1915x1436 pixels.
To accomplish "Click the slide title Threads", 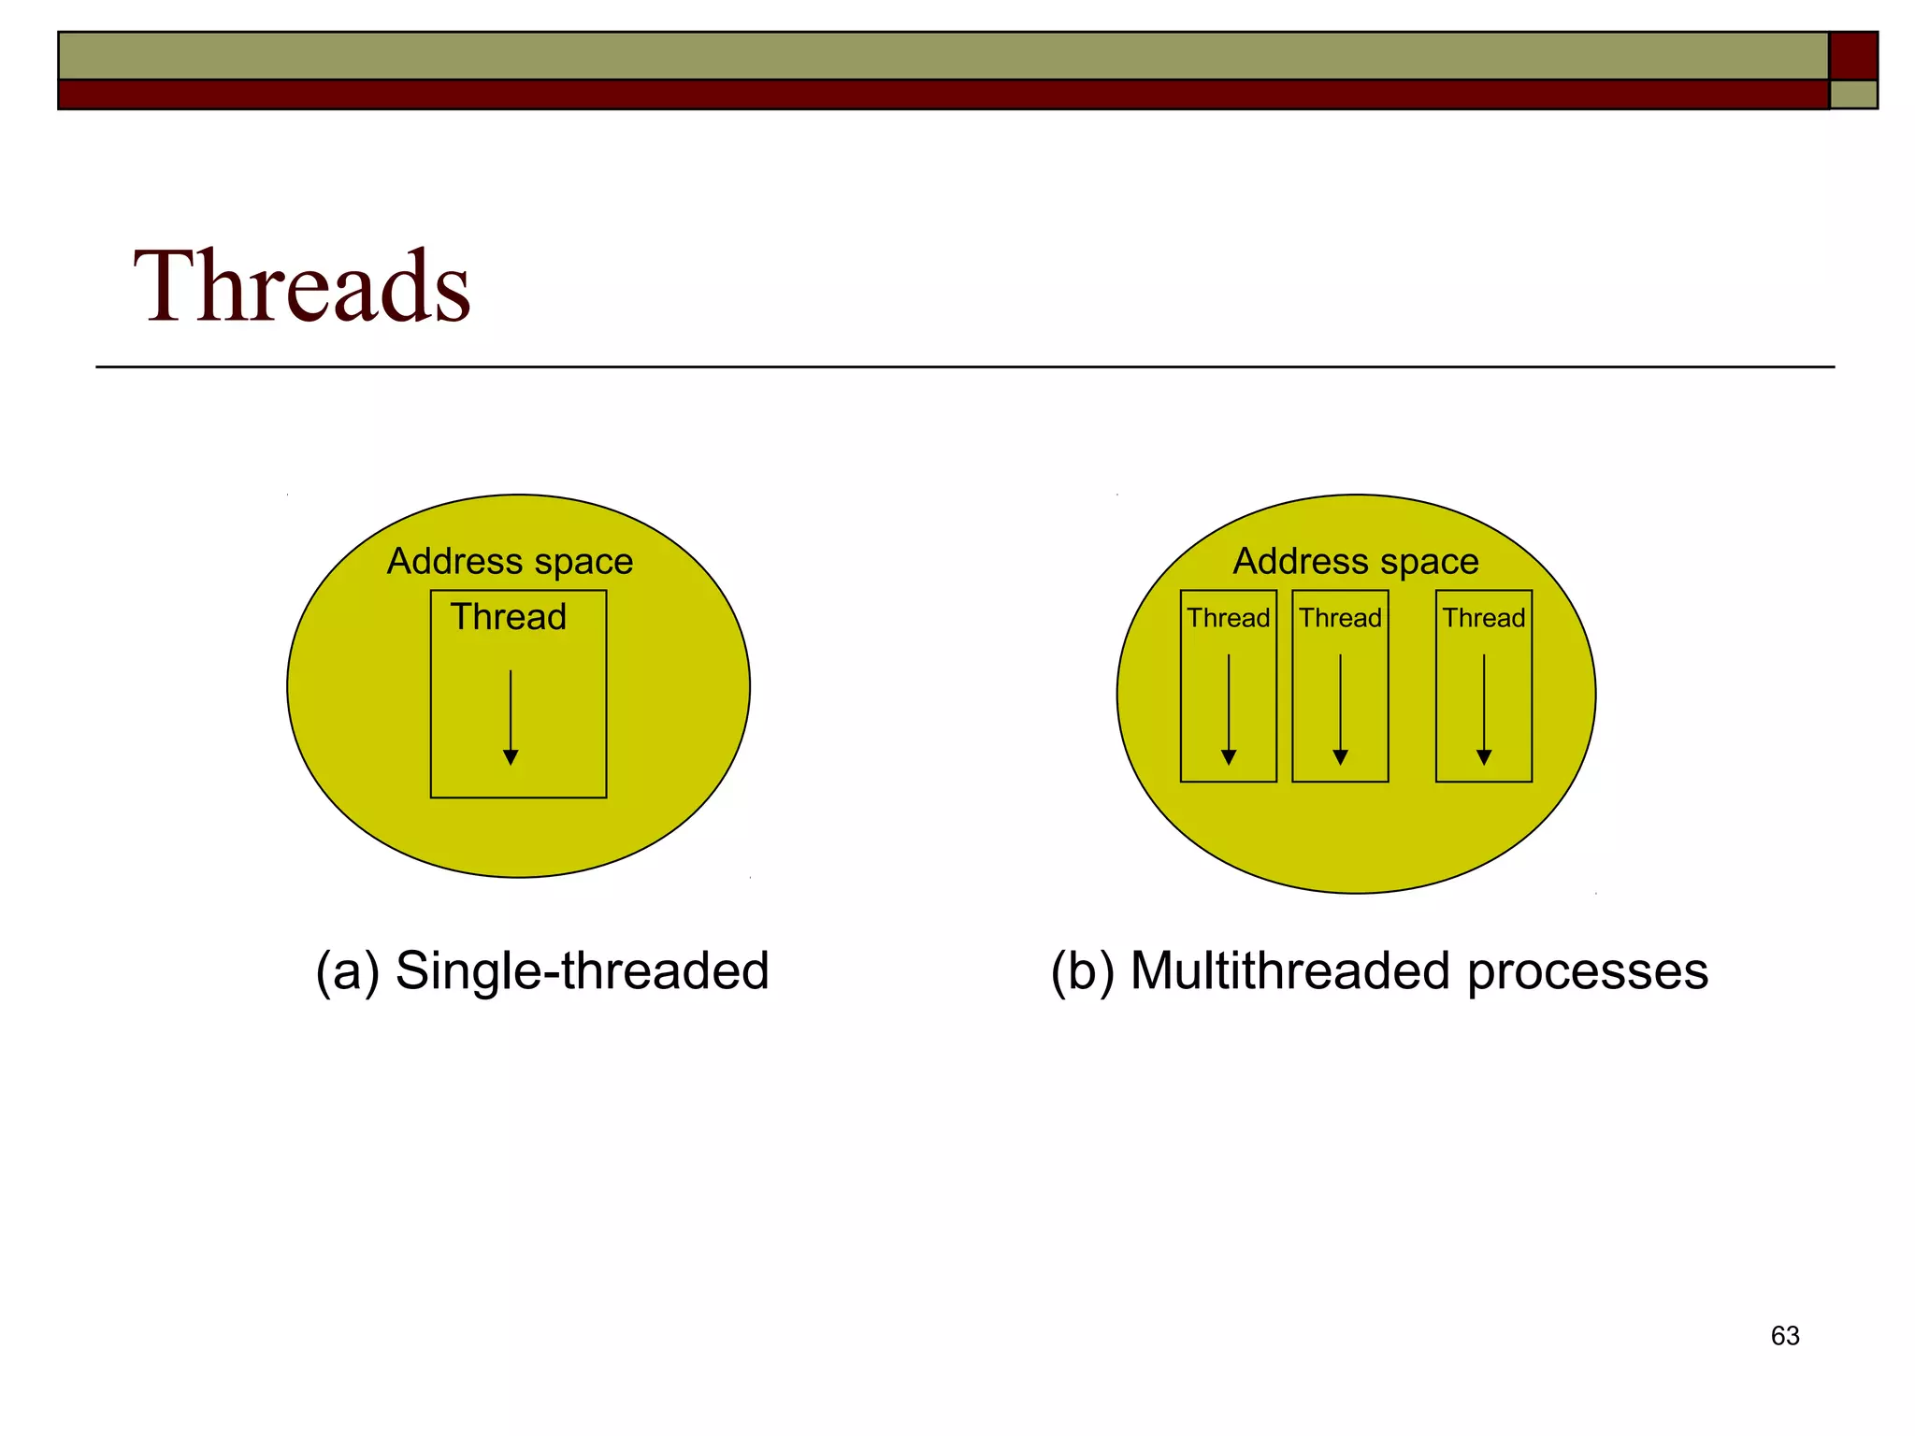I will (x=301, y=286).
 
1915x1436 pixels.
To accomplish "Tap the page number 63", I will (x=1785, y=1336).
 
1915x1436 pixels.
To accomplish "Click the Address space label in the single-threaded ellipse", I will (x=510, y=562).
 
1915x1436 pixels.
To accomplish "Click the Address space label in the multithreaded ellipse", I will (x=1355, y=562).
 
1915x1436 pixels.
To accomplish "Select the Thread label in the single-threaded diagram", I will (x=508, y=617).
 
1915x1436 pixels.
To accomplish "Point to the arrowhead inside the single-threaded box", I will (x=511, y=757).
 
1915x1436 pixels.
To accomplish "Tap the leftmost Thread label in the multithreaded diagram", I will (x=1228, y=618).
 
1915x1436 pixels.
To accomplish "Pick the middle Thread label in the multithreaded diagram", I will (x=1340, y=618).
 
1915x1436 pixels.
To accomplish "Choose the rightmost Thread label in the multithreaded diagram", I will (x=1483, y=618).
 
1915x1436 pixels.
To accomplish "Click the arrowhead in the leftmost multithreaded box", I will (x=1229, y=757).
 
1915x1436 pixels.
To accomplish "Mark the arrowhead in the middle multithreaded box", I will (x=1340, y=757).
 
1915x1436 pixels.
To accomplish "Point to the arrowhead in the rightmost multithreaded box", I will (x=1484, y=757).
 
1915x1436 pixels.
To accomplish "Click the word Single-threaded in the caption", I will (x=582, y=971).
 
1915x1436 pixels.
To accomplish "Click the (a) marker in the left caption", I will (x=347, y=971).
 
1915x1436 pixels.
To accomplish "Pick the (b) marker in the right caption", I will (x=1083, y=971).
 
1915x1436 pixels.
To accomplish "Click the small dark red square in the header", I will (x=1853, y=55).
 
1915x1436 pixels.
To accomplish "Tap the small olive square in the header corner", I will (x=1853, y=94).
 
